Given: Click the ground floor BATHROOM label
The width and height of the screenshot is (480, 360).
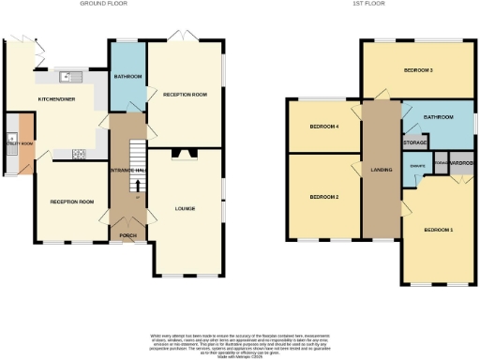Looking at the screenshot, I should [x=127, y=76].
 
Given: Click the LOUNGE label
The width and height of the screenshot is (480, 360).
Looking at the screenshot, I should [x=185, y=208].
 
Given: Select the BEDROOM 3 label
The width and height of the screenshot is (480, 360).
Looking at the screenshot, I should [x=418, y=70].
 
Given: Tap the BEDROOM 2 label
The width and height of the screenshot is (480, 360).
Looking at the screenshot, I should [x=323, y=196].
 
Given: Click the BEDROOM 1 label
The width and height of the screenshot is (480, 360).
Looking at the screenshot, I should [x=438, y=229].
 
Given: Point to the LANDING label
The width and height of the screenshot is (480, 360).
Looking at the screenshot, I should [x=382, y=170].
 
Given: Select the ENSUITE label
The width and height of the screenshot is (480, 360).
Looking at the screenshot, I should [x=417, y=166].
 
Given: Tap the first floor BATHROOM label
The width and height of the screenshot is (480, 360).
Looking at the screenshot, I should [x=438, y=117].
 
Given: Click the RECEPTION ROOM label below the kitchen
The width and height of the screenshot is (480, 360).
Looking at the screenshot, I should [x=73, y=202].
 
